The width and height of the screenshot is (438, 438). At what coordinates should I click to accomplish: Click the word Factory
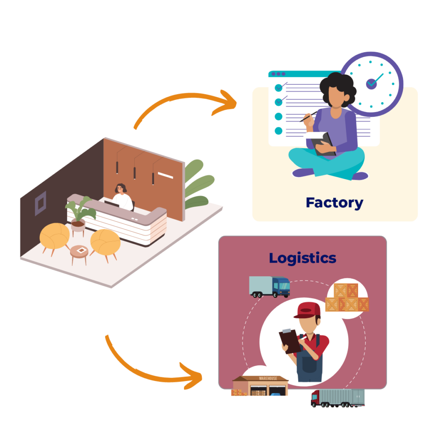click(334, 202)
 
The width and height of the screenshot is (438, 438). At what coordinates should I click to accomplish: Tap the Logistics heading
click(302, 258)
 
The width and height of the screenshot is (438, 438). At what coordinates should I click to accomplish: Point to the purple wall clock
click(371, 83)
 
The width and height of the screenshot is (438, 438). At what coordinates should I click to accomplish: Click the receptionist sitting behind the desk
click(121, 197)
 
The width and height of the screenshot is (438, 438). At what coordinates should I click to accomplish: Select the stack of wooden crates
click(347, 298)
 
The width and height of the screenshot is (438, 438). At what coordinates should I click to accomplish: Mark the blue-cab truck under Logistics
click(269, 286)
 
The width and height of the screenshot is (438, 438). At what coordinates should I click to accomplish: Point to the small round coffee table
click(79, 252)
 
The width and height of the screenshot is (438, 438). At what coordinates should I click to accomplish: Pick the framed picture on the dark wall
click(40, 203)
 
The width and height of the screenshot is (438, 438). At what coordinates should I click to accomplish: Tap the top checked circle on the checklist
click(278, 87)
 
